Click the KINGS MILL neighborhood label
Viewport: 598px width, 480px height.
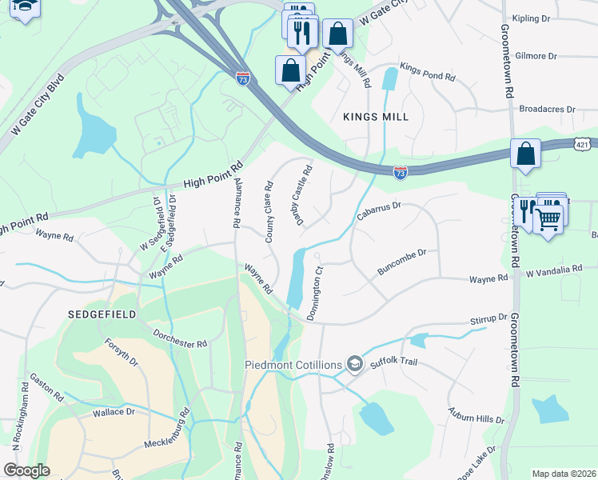(376, 117)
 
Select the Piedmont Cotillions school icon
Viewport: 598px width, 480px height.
(355, 365)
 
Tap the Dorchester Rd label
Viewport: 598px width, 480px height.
(180, 338)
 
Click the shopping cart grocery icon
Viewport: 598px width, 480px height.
(548, 218)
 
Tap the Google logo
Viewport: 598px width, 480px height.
(26, 470)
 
